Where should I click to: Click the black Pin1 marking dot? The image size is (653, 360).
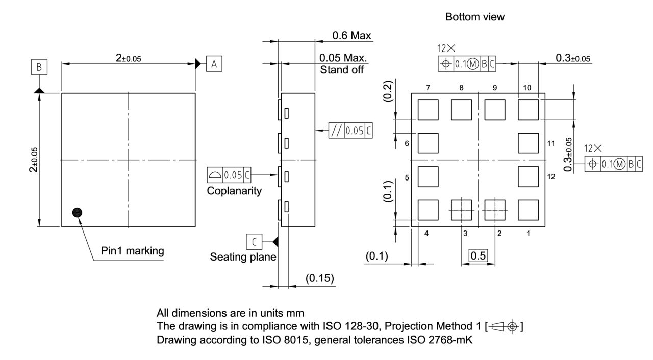pos(77,212)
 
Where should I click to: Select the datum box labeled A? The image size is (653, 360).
pos(214,64)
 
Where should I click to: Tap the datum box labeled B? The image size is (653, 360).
pos(39,67)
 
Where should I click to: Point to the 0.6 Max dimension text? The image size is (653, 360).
pos(351,35)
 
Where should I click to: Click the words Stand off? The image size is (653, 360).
pos(342,70)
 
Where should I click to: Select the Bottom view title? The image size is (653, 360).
pos(474,17)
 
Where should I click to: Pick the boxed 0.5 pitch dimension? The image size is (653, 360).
pos(478,256)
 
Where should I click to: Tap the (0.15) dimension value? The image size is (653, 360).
pos(319,278)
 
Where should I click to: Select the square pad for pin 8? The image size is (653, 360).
pos(461,110)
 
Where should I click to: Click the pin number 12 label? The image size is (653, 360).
pos(550,177)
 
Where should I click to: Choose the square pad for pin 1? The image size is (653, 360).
pos(528,210)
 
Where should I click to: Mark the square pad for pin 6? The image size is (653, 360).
pos(428,143)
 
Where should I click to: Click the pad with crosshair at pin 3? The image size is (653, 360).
pos(461,210)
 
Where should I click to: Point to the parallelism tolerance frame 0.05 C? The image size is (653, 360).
pos(350,131)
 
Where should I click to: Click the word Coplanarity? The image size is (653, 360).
pos(234,191)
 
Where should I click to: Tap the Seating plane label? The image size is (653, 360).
pos(243,257)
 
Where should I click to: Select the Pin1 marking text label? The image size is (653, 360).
pos(132,250)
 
